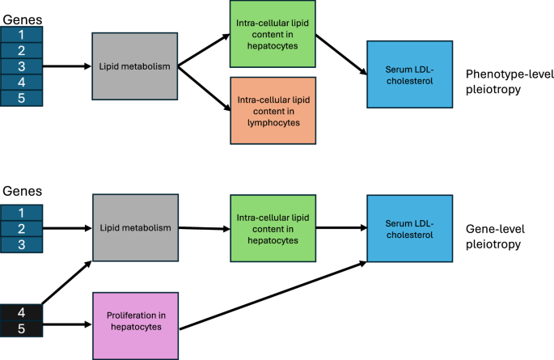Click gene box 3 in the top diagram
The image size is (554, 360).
pos(21,66)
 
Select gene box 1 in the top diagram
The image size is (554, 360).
pos(21,35)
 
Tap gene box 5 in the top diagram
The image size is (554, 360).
pos(21,98)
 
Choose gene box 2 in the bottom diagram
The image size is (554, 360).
pos(21,227)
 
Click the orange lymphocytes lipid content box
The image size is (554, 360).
pos(273,111)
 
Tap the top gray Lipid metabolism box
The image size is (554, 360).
pos(135,66)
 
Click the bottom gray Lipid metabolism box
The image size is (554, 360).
pos(135,227)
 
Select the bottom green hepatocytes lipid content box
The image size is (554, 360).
pos(273,229)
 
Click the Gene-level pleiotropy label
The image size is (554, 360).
pos(493,236)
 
